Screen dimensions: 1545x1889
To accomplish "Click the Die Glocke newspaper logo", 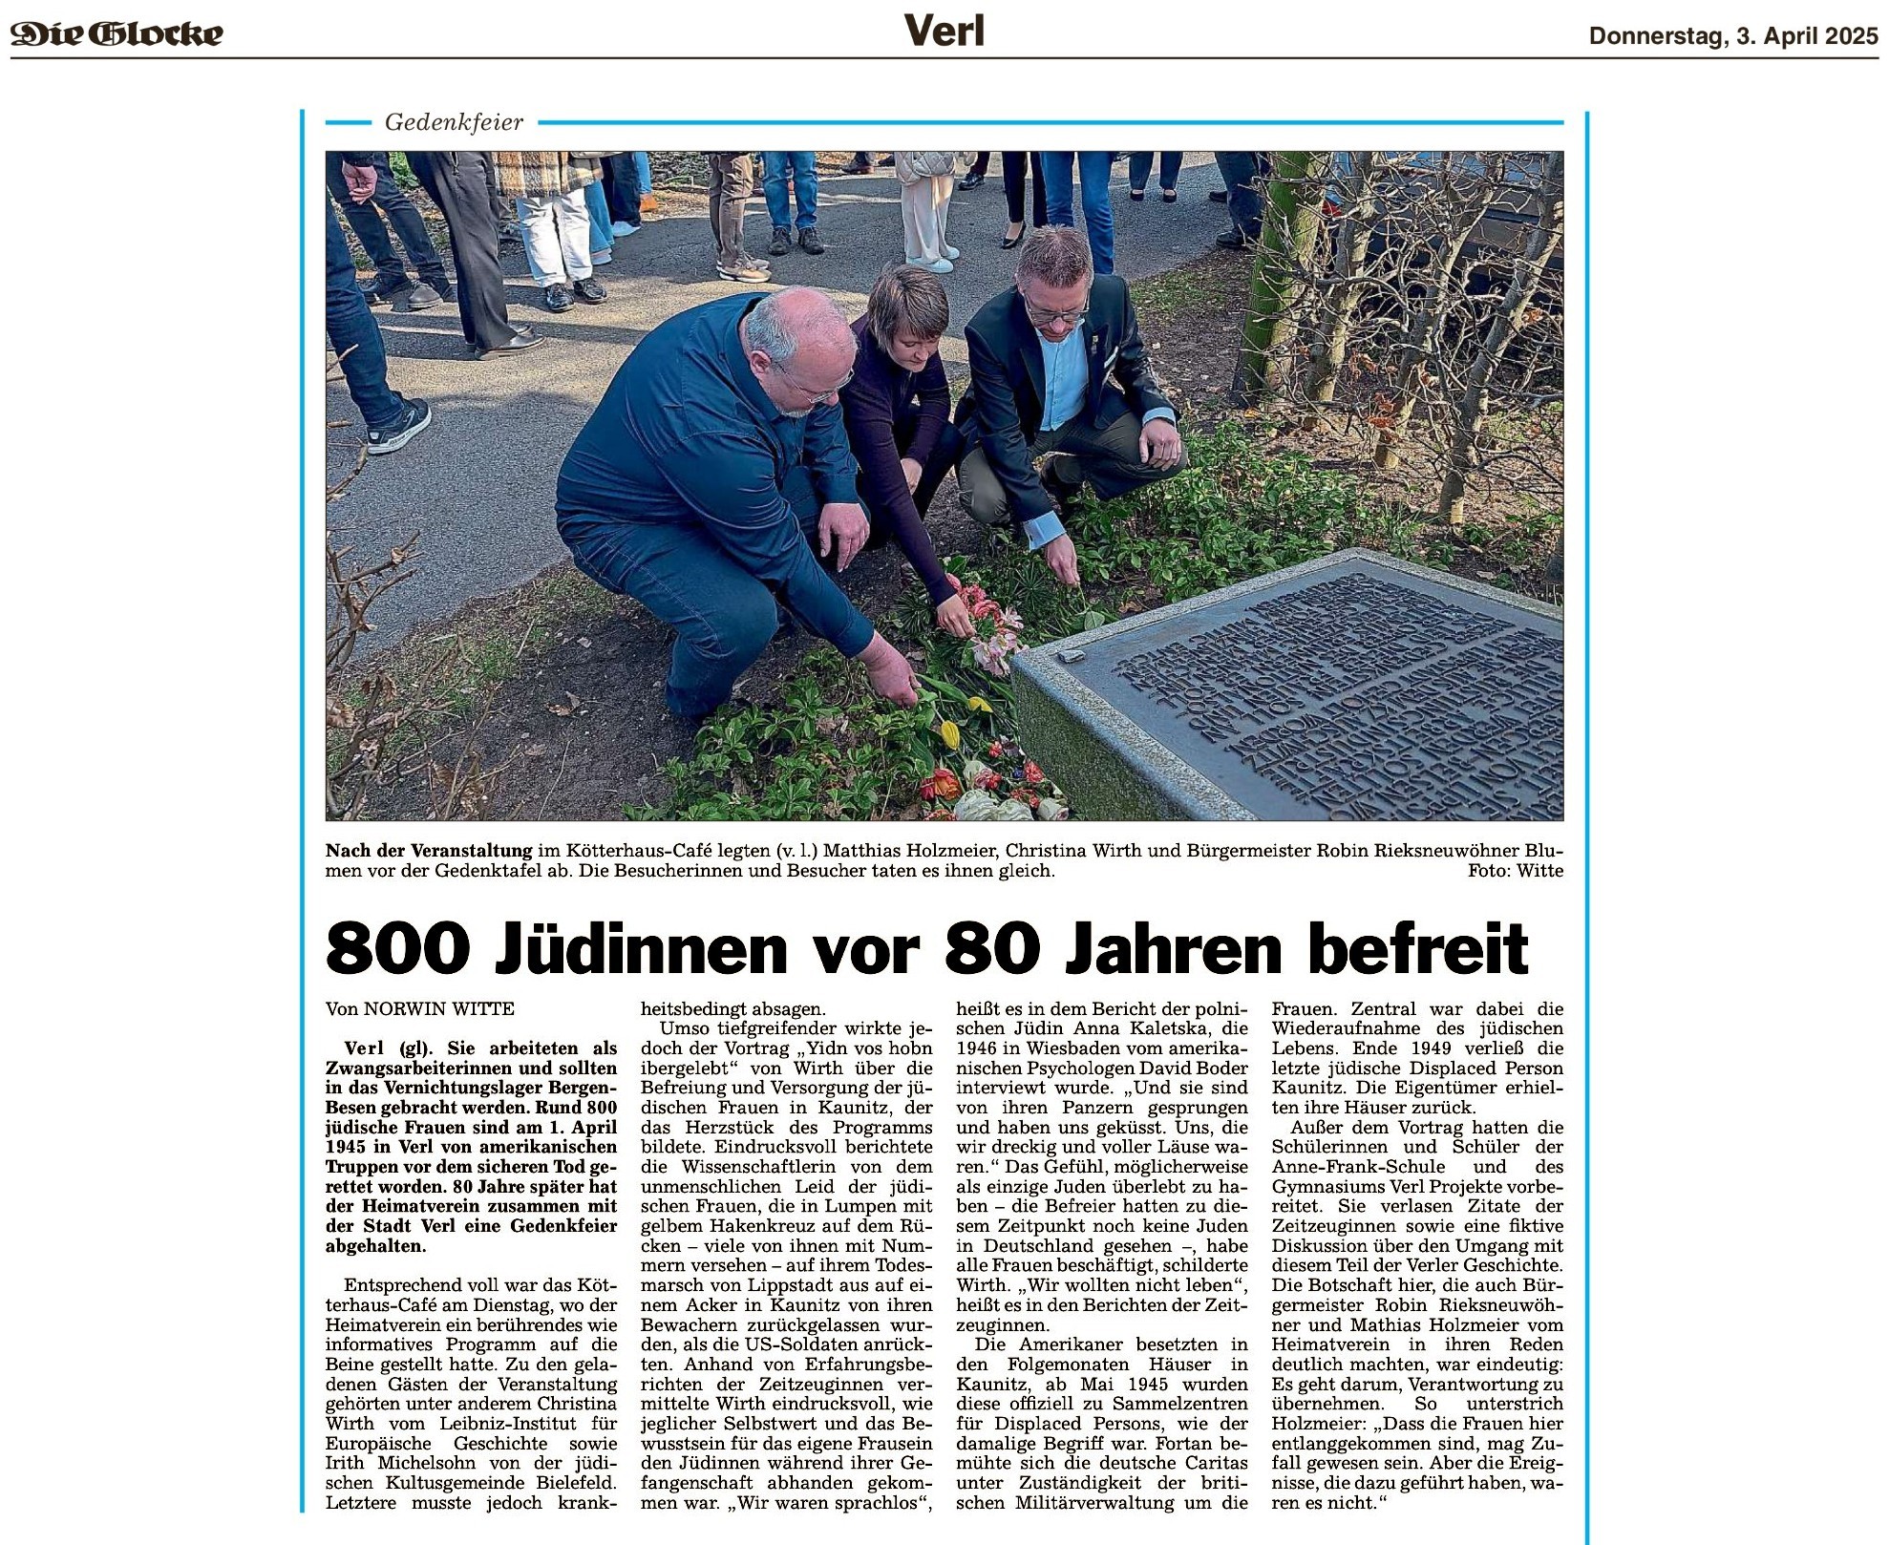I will [x=117, y=34].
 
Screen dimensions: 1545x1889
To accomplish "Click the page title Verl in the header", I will [x=944, y=32].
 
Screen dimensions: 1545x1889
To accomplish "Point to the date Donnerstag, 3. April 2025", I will [x=1732, y=36].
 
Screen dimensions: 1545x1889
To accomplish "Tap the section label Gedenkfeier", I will [x=454, y=122].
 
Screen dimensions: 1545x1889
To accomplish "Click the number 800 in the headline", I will [x=398, y=948].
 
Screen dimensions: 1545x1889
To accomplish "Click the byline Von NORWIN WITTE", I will [x=420, y=1008].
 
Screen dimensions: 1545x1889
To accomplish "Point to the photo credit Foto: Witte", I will [x=1515, y=871].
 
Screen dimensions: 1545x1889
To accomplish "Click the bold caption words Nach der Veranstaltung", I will [x=429, y=850].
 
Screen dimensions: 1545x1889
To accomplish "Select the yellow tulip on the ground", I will [x=949, y=733].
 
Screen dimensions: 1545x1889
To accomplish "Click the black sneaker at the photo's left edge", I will [x=399, y=425].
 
